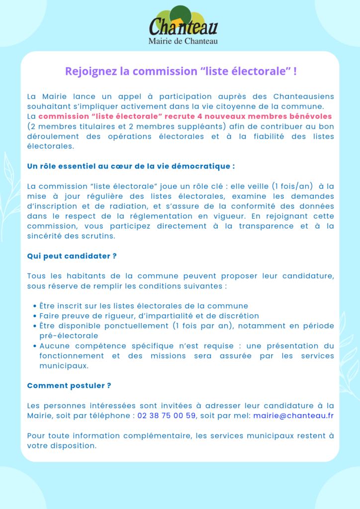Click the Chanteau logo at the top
pyautogui.click(x=183, y=22)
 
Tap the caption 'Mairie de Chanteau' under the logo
pyautogui.click(x=183, y=41)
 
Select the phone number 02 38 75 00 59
pyautogui.click(x=166, y=416)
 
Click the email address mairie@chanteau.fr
pyautogui.click(x=293, y=416)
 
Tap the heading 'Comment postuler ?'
pyautogui.click(x=69, y=386)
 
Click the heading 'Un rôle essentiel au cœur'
pyautogui.click(x=131, y=166)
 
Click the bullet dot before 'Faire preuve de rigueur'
pyautogui.click(x=35, y=316)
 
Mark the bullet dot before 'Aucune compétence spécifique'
pyautogui.click(x=35, y=346)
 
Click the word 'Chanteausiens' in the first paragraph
pyautogui.click(x=303, y=96)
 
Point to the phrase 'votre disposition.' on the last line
pyautogui.click(x=62, y=445)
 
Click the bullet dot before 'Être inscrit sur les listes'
pyautogui.click(x=35, y=306)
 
